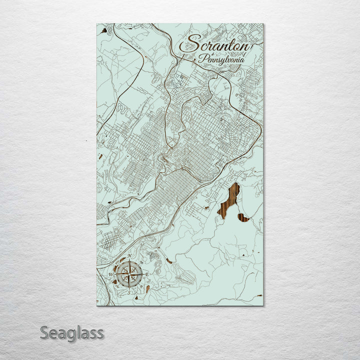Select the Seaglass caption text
click(72, 332)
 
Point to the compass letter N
click(130, 256)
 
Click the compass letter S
click(128, 292)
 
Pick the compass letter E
click(147, 274)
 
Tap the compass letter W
click(110, 274)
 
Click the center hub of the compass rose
click(129, 274)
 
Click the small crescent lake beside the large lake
click(243, 217)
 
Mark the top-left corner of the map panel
click(97, 23)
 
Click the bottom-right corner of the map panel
click(263, 305)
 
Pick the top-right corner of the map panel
click(263, 23)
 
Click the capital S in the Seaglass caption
click(44, 332)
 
